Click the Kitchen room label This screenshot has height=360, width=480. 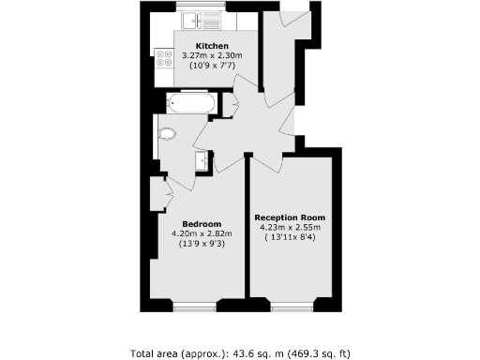click(210, 46)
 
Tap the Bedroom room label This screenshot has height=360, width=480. click(202, 224)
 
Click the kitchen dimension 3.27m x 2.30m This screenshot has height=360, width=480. click(210, 56)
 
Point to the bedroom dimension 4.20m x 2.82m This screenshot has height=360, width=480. click(202, 233)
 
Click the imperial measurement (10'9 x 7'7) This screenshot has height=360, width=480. click(210, 67)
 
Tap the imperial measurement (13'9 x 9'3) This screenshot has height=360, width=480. click(202, 244)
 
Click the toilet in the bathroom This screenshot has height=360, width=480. click(169, 133)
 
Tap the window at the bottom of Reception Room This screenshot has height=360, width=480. click(290, 307)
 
